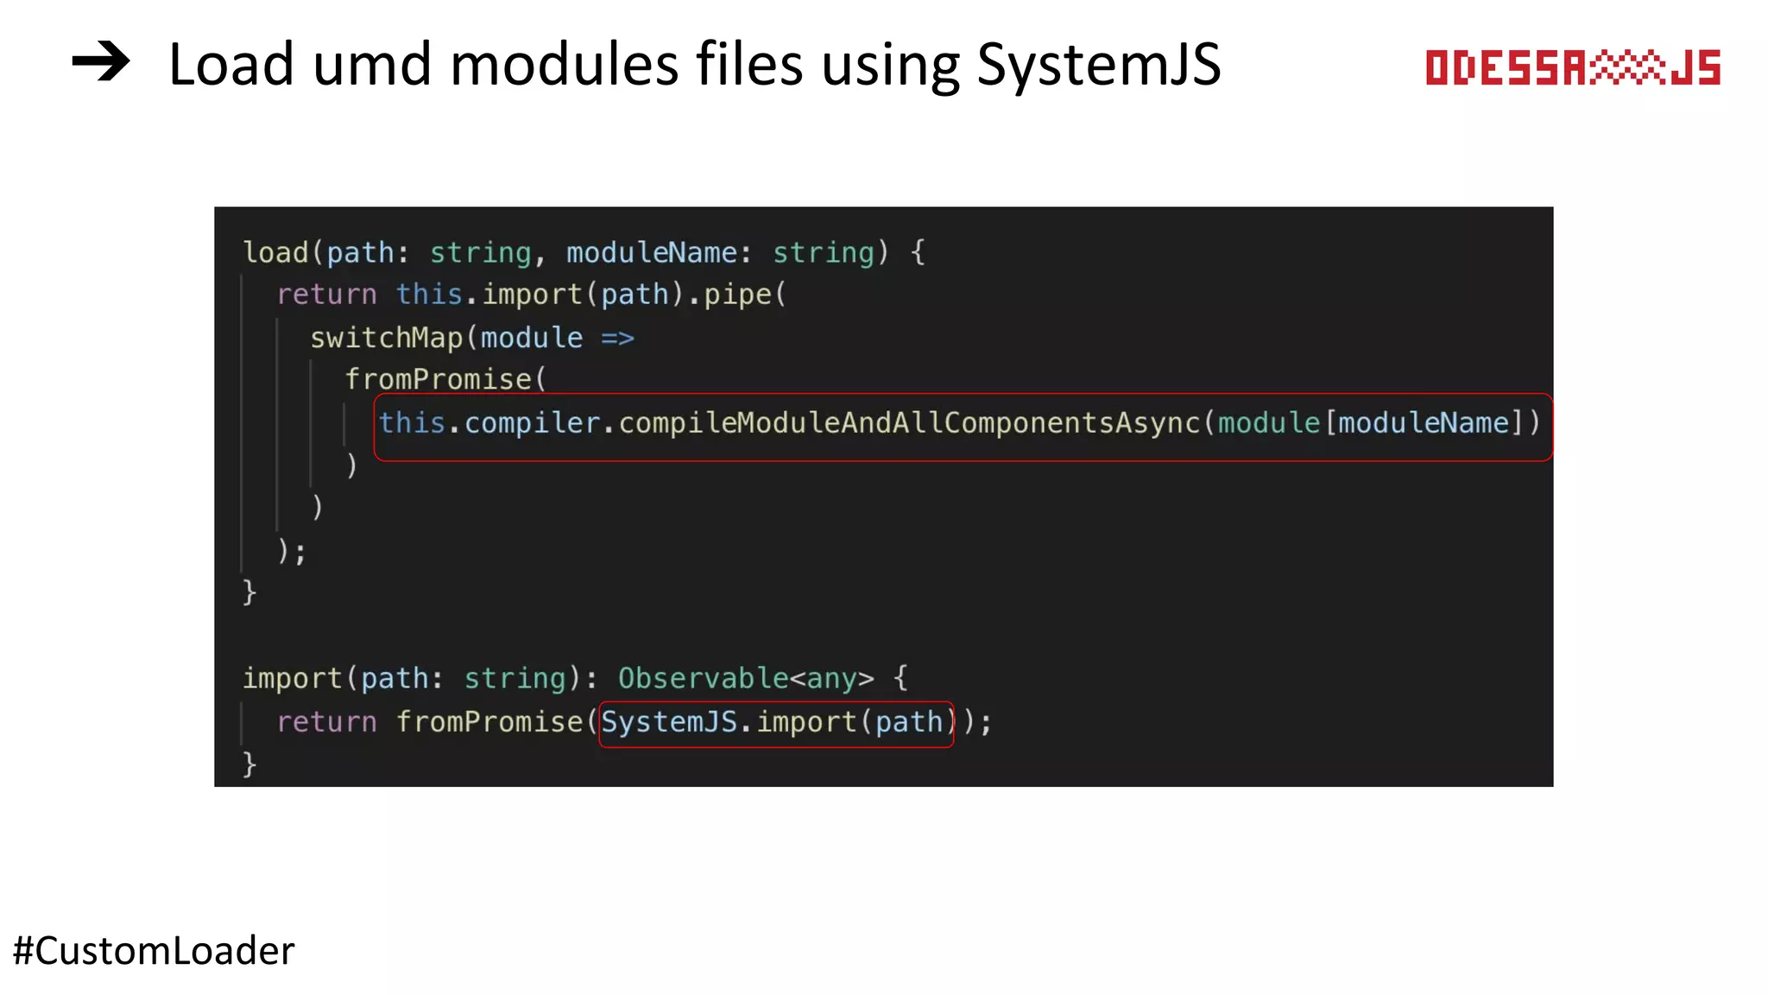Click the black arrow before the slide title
[x=101, y=64]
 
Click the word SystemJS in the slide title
[x=1098, y=65]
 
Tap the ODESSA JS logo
[x=1572, y=68]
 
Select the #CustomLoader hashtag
[x=154, y=951]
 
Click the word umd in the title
[x=371, y=65]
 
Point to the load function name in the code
[x=275, y=252]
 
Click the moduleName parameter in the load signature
[x=651, y=252]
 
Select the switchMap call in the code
[x=386, y=338]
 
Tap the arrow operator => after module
[x=617, y=338]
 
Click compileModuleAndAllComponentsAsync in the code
[x=909, y=423]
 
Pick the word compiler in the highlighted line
[x=531, y=423]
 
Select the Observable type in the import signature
[x=703, y=679]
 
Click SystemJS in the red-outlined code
[x=669, y=722]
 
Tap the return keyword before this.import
[x=326, y=295]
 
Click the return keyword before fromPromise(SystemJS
[x=326, y=722]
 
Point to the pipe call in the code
[x=737, y=295]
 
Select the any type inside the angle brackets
[x=831, y=679]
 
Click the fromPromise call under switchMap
[x=438, y=380]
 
